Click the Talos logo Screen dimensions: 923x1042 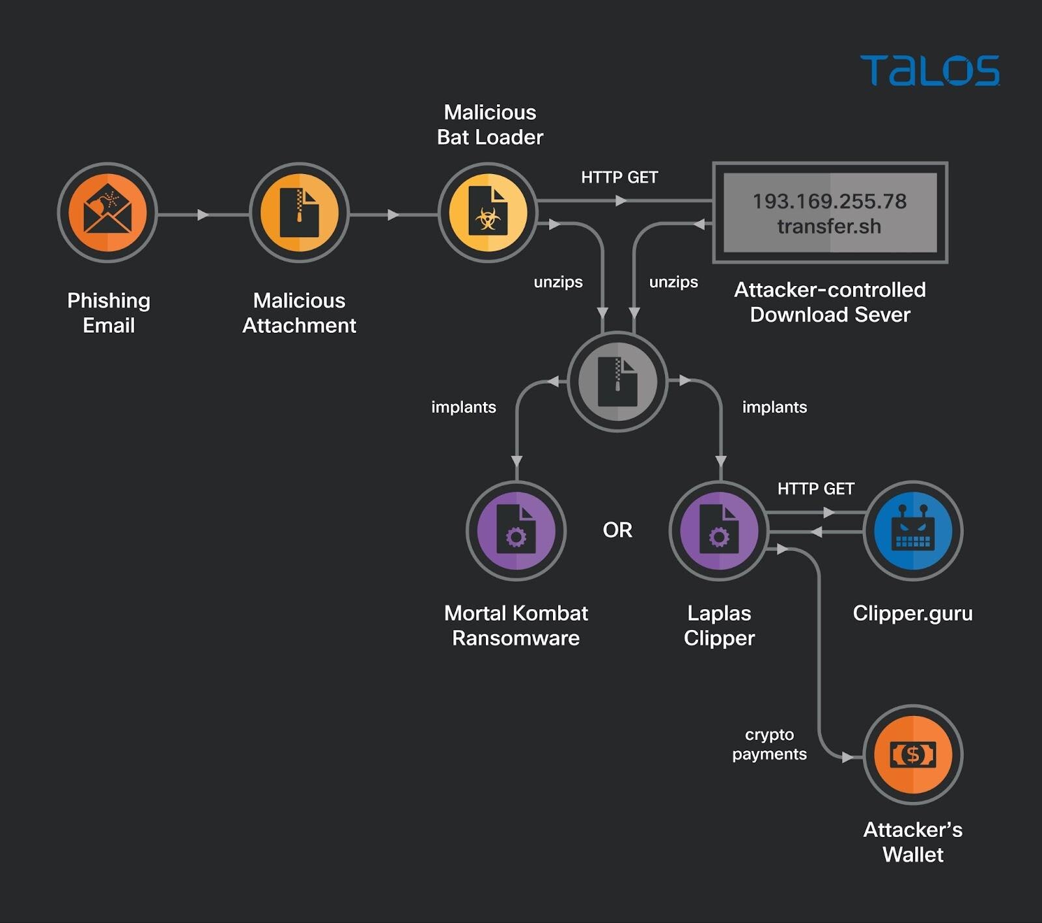(x=929, y=70)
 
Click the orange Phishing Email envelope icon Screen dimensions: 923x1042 (x=107, y=212)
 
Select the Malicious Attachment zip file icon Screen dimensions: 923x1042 (x=300, y=212)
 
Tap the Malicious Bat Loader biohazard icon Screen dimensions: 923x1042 (x=488, y=212)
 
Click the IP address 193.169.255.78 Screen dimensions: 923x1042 (x=829, y=201)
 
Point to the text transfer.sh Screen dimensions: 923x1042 (x=829, y=227)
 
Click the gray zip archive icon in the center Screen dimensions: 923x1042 (x=617, y=381)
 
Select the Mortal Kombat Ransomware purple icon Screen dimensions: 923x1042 (x=516, y=531)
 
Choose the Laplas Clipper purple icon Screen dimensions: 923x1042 (x=719, y=531)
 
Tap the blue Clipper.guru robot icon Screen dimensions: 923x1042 (x=912, y=531)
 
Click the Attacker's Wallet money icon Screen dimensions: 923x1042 (x=912, y=754)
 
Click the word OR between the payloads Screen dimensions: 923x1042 (x=617, y=530)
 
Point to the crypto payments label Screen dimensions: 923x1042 (x=769, y=745)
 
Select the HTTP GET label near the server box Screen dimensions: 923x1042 (x=619, y=177)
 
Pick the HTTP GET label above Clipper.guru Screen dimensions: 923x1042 (x=815, y=489)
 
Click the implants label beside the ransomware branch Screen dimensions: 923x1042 (x=464, y=407)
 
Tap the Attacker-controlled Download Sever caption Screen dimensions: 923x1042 (x=830, y=302)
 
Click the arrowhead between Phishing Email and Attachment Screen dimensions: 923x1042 (x=203, y=214)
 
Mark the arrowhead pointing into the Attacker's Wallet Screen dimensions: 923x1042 (x=847, y=758)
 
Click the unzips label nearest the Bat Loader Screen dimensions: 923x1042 (x=558, y=282)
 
